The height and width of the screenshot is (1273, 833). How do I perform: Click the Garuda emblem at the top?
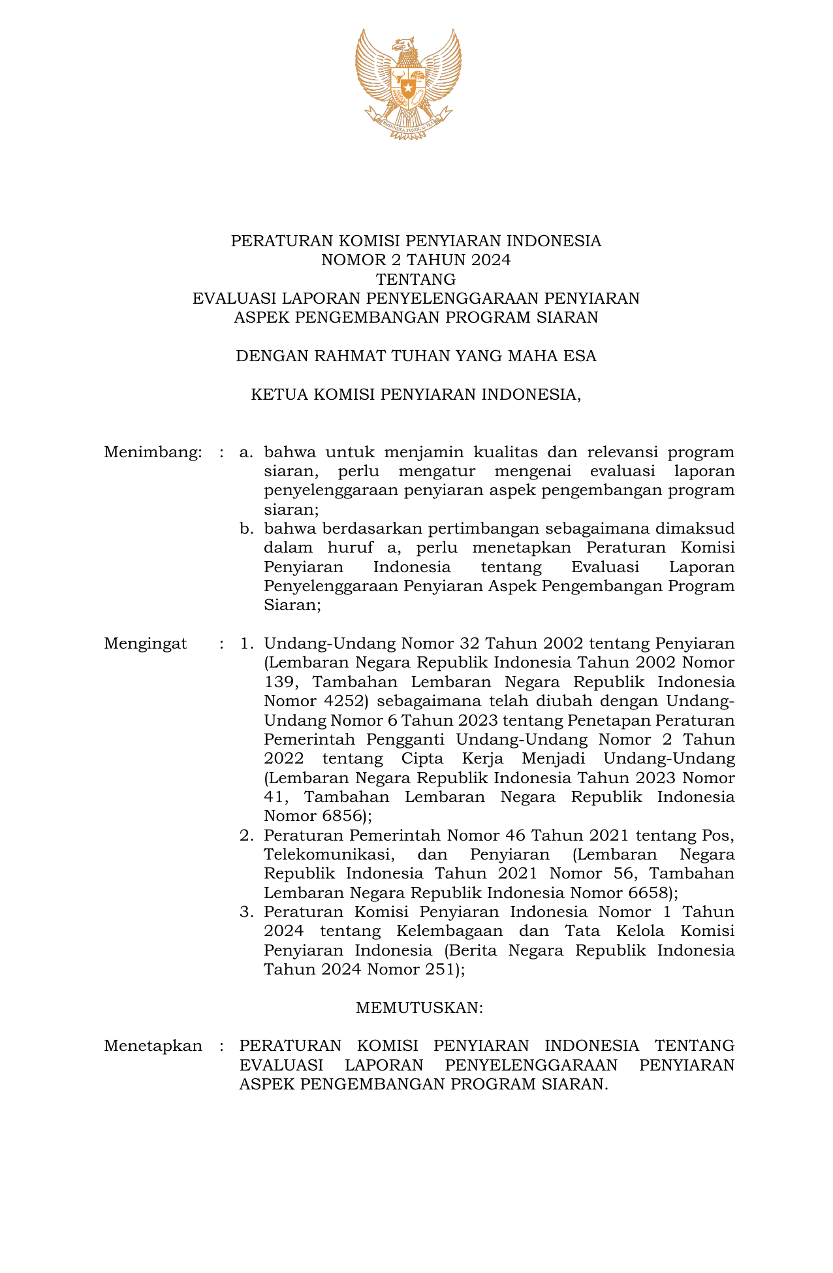(x=408, y=83)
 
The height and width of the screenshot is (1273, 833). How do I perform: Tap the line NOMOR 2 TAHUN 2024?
(x=416, y=260)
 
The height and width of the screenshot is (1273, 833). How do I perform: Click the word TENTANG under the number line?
(x=416, y=280)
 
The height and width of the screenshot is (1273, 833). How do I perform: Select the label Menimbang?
(x=152, y=452)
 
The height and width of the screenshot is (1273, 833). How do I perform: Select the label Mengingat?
(x=145, y=644)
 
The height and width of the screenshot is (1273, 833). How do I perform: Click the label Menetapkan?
(x=153, y=1046)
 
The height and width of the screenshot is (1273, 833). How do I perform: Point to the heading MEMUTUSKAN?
(x=418, y=1008)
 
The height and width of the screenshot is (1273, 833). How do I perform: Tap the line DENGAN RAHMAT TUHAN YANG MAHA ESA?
(x=416, y=357)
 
